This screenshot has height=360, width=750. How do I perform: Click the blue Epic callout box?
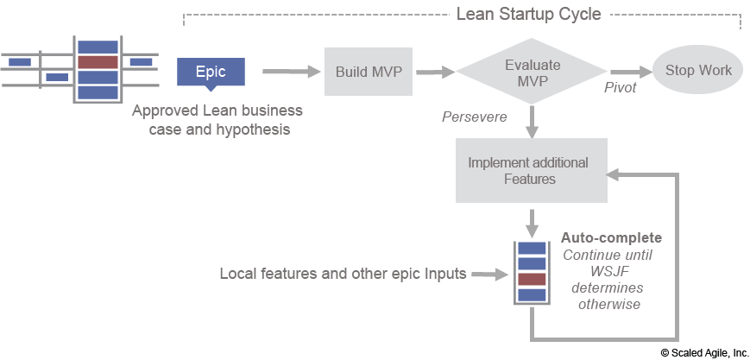210,72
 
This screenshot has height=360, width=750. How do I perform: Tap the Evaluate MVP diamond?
532,73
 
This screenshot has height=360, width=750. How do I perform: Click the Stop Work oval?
697,71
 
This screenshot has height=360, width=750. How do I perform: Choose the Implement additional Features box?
528,170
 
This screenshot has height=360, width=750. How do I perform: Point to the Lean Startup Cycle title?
528,15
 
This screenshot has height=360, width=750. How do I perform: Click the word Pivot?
620,88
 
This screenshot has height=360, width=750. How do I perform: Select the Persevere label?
474,117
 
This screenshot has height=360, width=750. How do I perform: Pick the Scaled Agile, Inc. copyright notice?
704,352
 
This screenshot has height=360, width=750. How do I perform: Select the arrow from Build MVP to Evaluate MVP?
434,73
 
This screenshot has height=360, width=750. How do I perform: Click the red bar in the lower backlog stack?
532,279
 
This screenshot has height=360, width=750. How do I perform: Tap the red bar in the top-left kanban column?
98,62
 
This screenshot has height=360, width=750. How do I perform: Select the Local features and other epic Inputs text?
343,274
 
